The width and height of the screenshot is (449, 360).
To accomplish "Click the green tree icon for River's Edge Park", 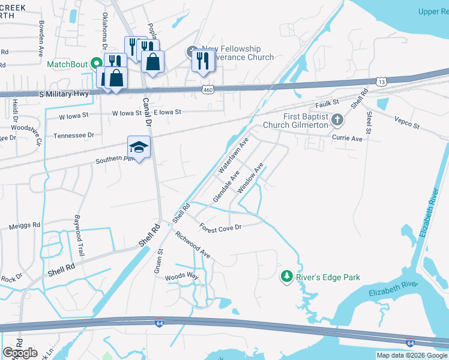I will click(287, 276).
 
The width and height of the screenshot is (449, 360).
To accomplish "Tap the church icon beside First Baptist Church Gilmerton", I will click(337, 120).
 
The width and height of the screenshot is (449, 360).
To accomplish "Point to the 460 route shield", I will click(208, 89).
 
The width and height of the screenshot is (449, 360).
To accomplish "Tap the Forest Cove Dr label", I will click(220, 227).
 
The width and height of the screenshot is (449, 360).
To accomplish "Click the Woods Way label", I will click(181, 276).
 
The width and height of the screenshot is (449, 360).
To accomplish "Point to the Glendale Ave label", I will click(226, 186).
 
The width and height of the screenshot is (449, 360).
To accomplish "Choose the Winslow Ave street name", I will click(250, 178).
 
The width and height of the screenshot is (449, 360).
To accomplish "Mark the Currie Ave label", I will click(348, 138).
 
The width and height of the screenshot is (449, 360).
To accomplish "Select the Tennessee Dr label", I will click(74, 136).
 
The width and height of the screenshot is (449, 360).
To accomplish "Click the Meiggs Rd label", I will click(25, 226).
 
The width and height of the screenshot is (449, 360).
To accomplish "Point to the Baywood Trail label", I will click(79, 236).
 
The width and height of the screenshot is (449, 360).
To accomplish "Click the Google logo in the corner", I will click(20, 353).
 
